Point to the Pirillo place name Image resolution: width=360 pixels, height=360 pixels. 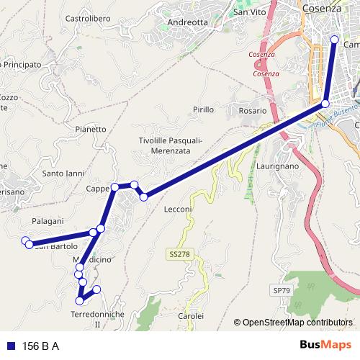click(x=203, y=109)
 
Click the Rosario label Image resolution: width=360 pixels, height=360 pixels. click(x=253, y=111)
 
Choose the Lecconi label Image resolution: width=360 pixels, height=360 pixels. click(x=177, y=209)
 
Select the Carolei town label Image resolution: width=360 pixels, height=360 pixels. click(x=191, y=315)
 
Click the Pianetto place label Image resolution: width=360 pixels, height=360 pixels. click(x=90, y=129)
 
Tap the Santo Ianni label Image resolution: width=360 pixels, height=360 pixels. click(x=63, y=174)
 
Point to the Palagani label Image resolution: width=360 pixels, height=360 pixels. click(x=48, y=220)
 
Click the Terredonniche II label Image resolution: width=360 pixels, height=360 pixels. click(x=98, y=320)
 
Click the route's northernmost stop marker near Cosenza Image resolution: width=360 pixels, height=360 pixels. click(x=334, y=40)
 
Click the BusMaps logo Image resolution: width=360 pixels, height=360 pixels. click(x=326, y=345)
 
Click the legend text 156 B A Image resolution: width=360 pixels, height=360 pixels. click(x=42, y=346)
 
